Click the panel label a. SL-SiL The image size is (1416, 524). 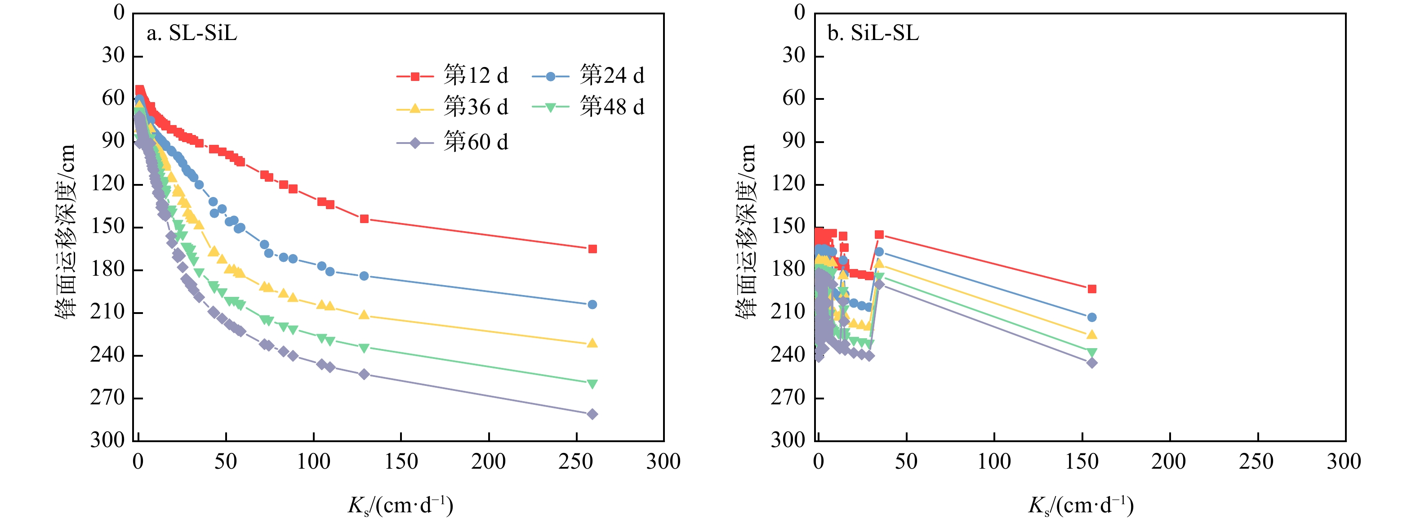click(x=192, y=34)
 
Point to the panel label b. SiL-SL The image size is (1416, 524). click(x=873, y=34)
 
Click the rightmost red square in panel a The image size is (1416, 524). click(x=592, y=249)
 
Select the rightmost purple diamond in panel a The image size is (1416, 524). click(x=592, y=414)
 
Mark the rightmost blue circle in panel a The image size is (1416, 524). click(x=592, y=305)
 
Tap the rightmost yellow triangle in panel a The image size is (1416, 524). click(x=592, y=343)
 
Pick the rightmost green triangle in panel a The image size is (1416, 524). click(x=592, y=384)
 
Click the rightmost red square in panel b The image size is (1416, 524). click(x=1092, y=289)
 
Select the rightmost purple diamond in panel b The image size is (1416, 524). click(x=1092, y=363)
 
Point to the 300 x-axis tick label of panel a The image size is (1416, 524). click(x=663, y=462)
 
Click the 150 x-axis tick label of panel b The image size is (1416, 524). click(x=1082, y=462)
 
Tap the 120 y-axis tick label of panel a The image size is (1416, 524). click(x=108, y=184)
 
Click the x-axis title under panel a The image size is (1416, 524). click(x=400, y=505)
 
